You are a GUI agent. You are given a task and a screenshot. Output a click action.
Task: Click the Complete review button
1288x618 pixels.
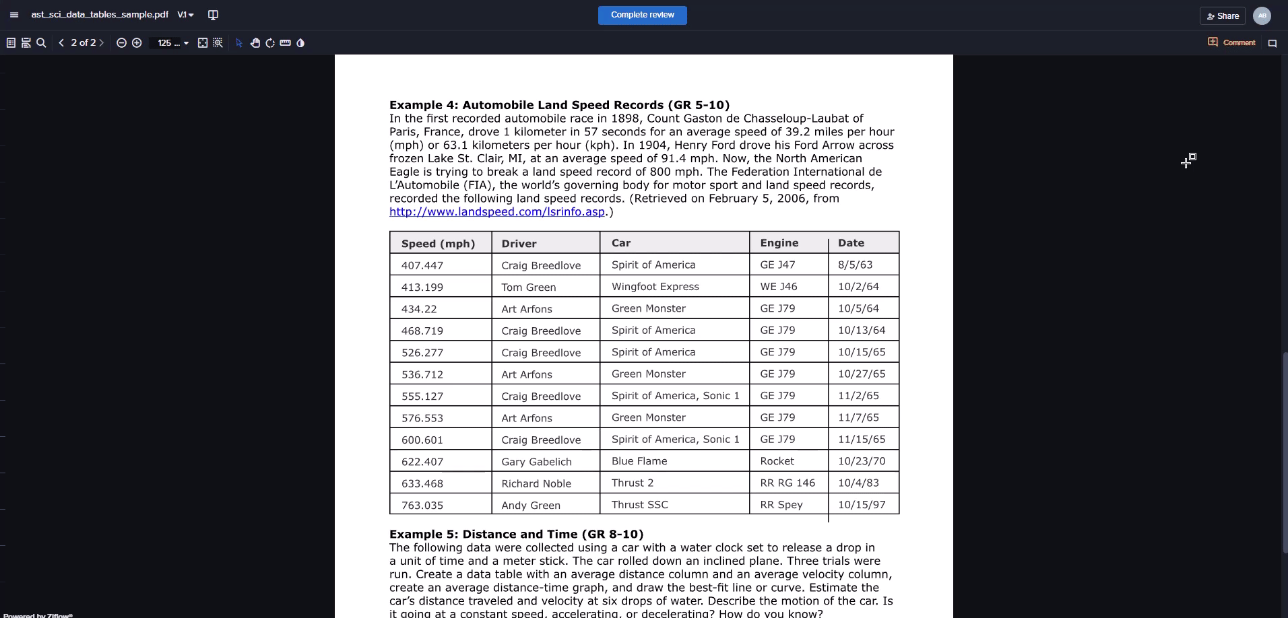(642, 15)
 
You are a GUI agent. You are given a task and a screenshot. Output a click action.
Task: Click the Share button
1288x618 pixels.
(1223, 15)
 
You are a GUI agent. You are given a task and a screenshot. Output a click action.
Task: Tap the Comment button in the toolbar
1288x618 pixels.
(1231, 42)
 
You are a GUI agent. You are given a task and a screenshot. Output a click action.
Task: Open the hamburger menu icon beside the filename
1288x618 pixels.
(14, 15)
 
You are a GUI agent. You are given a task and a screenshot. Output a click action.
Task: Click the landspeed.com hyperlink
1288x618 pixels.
(497, 212)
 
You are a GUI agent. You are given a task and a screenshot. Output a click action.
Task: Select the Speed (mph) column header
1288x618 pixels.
(438, 244)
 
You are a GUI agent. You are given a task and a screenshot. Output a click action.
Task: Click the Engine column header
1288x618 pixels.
(779, 243)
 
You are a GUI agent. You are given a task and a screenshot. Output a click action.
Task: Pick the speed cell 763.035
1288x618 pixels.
(422, 506)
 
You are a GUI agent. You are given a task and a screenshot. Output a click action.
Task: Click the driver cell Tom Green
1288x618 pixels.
(529, 287)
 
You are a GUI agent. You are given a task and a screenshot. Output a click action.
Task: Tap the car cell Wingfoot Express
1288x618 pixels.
(655, 287)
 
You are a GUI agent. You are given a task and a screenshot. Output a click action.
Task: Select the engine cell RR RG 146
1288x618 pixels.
(787, 483)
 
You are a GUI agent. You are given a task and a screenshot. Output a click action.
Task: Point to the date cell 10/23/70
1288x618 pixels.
(862, 461)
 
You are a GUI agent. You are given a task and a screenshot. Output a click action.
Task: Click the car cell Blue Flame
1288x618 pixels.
(639, 461)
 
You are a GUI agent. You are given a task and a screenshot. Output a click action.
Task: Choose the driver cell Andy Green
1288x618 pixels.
(531, 506)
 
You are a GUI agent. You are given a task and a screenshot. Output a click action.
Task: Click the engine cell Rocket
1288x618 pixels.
(777, 461)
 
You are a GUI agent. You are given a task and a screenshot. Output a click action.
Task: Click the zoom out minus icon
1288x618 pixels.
(121, 43)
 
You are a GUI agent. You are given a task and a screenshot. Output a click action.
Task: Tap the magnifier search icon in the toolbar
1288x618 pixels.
(41, 43)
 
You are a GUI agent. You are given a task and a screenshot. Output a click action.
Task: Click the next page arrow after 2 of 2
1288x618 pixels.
(101, 43)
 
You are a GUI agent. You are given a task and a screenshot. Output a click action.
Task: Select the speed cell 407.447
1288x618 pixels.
(422, 266)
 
